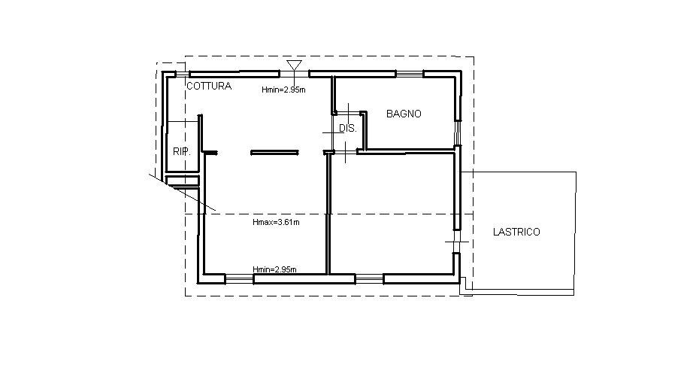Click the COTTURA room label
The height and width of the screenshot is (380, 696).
tap(209, 86)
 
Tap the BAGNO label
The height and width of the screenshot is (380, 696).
tap(404, 114)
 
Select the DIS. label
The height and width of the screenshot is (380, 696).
tap(348, 129)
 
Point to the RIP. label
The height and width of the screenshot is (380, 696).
tap(182, 151)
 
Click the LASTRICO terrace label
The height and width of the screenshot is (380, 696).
tap(516, 232)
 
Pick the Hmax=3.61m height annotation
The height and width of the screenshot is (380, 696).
tap(276, 222)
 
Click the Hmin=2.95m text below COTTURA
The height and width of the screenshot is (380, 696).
tap(283, 90)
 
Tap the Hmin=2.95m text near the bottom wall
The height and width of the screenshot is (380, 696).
tap(275, 269)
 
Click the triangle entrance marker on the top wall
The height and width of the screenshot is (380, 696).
tap(294, 65)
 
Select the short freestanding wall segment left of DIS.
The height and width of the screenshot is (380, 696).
tap(275, 153)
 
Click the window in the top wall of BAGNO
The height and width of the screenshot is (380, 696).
tap(409, 74)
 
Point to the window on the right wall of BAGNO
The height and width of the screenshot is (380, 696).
tap(458, 132)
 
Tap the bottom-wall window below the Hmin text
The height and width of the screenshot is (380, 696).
tap(240, 279)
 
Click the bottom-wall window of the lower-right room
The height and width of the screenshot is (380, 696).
tap(370, 279)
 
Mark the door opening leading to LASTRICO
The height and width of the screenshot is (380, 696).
tap(456, 242)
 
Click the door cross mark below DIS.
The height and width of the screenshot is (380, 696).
tap(345, 153)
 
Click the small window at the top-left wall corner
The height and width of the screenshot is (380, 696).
tap(181, 74)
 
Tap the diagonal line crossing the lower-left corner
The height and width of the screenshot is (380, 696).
tap(182, 192)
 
